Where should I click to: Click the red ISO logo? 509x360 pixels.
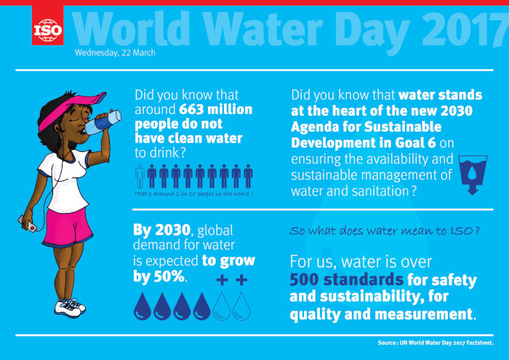click(x=47, y=28)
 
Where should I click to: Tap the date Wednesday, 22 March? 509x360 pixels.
click(x=114, y=52)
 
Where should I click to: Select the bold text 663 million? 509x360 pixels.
click(x=215, y=109)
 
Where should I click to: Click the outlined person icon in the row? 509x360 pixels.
click(x=140, y=177)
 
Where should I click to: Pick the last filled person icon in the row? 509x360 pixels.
click(x=248, y=177)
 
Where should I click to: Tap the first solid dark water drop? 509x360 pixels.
click(x=142, y=307)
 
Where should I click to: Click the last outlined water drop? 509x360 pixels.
click(x=241, y=307)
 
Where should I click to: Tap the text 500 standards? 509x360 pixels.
click(x=346, y=279)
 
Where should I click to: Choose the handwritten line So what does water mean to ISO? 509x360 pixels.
click(x=383, y=232)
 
